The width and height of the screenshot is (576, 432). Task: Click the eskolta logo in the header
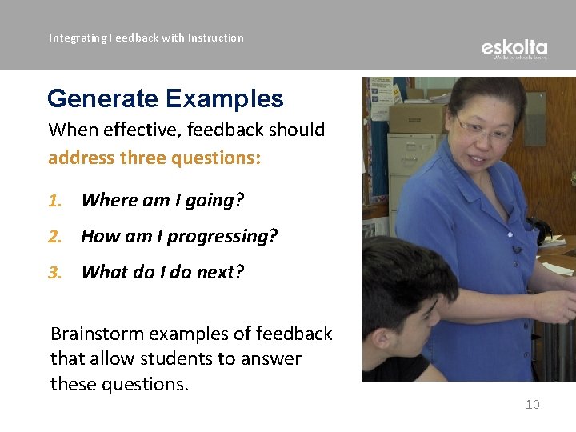pyautogui.click(x=514, y=49)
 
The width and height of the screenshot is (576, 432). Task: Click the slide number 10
pyautogui.click(x=532, y=405)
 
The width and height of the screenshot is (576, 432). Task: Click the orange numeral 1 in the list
pyautogui.click(x=54, y=201)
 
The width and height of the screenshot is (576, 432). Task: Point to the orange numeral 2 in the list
pyautogui.click(x=54, y=237)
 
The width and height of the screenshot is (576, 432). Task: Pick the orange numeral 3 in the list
pyautogui.click(x=54, y=273)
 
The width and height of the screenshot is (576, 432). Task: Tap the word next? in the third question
pyautogui.click(x=220, y=273)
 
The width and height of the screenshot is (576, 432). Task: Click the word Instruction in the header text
pyautogui.click(x=215, y=38)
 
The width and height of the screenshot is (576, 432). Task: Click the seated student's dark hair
pyautogui.click(x=400, y=272)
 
